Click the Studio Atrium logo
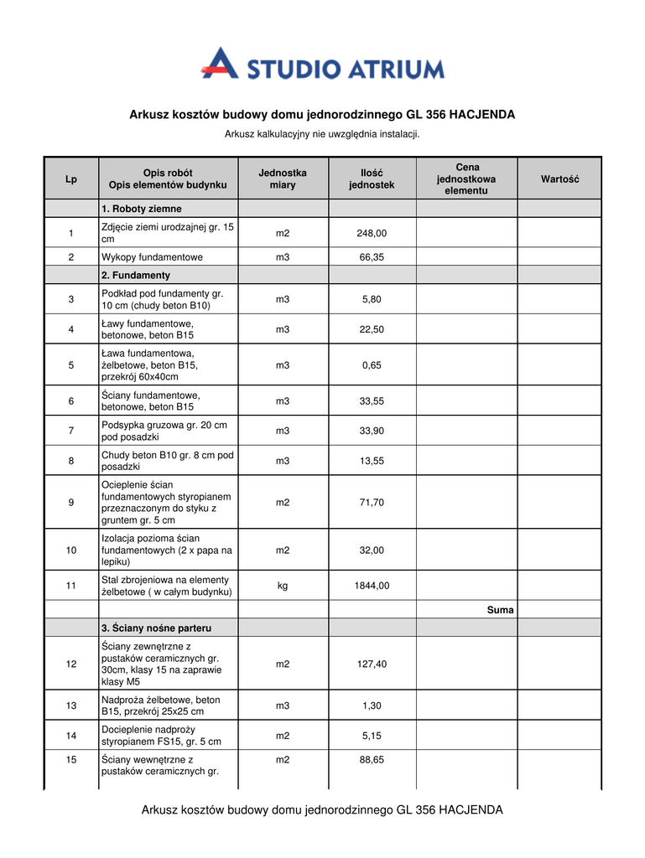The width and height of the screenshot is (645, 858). point(322,65)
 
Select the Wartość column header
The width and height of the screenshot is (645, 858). point(559,179)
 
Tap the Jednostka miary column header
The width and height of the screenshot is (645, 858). point(283,178)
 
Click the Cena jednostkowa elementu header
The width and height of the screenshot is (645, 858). point(466,179)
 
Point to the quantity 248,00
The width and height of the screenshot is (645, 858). point(372,233)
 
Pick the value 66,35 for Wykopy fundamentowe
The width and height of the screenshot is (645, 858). point(372,257)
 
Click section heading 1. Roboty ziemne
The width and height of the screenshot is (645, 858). point(142,209)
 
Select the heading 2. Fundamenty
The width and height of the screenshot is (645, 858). point(136,275)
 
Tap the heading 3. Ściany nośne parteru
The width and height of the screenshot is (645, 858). point(156,628)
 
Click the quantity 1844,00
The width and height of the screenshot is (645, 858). point(372,586)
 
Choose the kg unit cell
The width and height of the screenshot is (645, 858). point(283,586)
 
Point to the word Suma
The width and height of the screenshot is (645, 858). point(500,610)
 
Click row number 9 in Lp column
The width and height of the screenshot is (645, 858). point(71,503)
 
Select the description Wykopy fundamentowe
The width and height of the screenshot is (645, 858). point(152,257)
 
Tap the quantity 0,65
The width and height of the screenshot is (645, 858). point(372,365)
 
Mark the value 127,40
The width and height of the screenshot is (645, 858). point(372,664)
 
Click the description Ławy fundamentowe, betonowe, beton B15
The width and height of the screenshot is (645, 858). point(148,329)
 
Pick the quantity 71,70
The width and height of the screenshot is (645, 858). point(372,503)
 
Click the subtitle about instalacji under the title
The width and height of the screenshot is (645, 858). point(322,134)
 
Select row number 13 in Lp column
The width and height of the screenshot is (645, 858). point(71,706)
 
